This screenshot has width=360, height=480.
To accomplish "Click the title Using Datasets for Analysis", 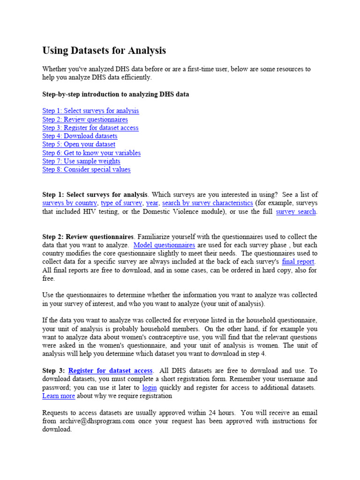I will pyautogui.click(x=104, y=51).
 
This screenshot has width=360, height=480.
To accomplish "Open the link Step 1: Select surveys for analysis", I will pyautogui.click(x=90, y=111).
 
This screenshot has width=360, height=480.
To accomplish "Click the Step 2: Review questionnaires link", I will pyautogui.click(x=85, y=120).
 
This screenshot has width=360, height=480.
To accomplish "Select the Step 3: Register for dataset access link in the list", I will pyautogui.click(x=90, y=128).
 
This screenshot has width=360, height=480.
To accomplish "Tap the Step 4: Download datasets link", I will pyautogui.click(x=80, y=136).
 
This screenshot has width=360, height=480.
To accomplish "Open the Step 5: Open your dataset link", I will pyautogui.click(x=79, y=144).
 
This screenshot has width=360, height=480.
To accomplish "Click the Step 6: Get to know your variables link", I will pyautogui.click(x=91, y=153).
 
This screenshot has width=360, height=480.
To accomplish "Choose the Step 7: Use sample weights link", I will pyautogui.click(x=81, y=161).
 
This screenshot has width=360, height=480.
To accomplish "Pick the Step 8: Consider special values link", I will pyautogui.click(x=86, y=170).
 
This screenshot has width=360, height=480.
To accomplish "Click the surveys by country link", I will pyautogui.click(x=69, y=203).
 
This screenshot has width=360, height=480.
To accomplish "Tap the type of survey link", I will pyautogui.click(x=121, y=203).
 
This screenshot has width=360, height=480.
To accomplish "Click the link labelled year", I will pyautogui.click(x=152, y=203).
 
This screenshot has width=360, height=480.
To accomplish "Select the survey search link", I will pyautogui.click(x=296, y=212).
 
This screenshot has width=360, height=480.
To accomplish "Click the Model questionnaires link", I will pyautogui.click(x=164, y=245).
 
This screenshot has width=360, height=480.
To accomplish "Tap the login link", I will pyautogui.click(x=150, y=388).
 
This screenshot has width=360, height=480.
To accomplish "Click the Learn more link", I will pyautogui.click(x=59, y=396).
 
